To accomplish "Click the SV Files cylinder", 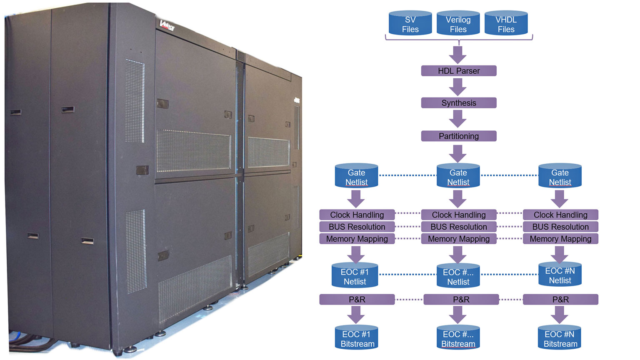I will tap(410, 24).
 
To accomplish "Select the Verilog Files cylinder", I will tap(458, 24).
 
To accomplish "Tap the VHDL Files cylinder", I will tap(506, 24).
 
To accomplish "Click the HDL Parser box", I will tap(458, 71).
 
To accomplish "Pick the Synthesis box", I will tap(458, 103).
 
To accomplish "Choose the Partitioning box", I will tap(458, 136).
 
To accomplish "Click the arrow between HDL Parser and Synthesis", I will tap(458, 87).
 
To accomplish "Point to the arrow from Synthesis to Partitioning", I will tap(458, 119).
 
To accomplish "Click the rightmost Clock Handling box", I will tap(560, 215).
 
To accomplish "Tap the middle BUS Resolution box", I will tap(458, 227).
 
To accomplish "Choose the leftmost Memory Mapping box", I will tap(357, 239).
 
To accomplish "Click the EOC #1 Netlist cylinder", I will tap(355, 276).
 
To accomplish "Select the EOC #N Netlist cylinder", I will tap(560, 275).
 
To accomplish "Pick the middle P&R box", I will tap(461, 299).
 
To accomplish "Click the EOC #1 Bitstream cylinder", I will tap(357, 338).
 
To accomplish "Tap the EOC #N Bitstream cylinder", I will tap(560, 338).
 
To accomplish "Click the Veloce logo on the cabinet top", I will tap(167, 25).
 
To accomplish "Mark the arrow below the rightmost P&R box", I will tap(560, 315).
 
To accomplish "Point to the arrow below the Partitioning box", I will tap(458, 153).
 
